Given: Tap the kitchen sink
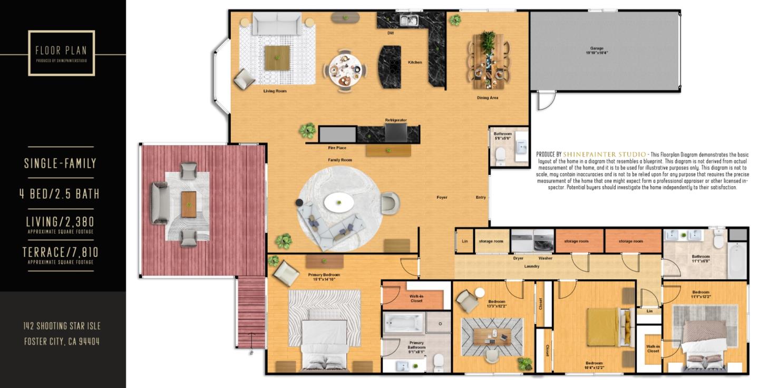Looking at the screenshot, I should pos(408,21).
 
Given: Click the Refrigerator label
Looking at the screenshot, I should pos(395,120).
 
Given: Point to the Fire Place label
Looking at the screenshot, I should pos(337,148).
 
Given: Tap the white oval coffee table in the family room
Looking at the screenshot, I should pos(338,202).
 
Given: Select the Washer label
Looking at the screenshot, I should pos(545,258).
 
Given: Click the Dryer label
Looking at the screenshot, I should pos(518,258).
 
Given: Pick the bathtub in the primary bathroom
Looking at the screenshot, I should pos(404,322).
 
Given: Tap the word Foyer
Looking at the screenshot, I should pos(442,198).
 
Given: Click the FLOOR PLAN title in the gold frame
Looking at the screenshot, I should pos(61,51).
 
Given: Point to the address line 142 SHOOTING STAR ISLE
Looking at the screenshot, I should pos(62,326).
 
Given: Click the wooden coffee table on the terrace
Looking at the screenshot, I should pos(189,205).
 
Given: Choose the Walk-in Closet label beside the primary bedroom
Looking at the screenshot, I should pos(416,298).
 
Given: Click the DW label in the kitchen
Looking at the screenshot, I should pos(391,33).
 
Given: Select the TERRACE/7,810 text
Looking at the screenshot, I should pos(61,252).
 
